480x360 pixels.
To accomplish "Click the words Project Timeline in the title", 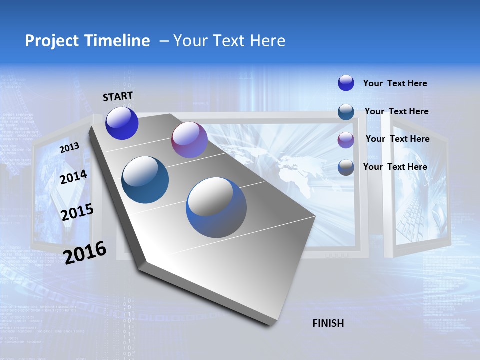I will (x=87, y=41).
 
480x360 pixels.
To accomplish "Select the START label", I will (x=118, y=96).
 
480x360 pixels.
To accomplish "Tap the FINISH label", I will (x=328, y=323).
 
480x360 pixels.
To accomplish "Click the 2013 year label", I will (x=69, y=148).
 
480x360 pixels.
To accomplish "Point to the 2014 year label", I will (x=73, y=177).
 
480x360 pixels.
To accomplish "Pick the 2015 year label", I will (x=77, y=212).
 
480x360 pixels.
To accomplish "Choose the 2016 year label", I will (x=85, y=252).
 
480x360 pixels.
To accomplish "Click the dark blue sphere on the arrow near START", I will (x=122, y=123).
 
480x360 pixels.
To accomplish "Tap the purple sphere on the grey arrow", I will (x=189, y=140).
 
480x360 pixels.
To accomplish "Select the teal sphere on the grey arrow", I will (x=145, y=180).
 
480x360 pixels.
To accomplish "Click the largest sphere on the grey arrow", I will (x=216, y=207).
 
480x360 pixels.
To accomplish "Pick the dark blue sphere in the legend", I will (x=346, y=83).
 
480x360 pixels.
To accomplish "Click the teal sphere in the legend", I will (x=346, y=112).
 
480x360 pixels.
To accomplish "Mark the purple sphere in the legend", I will (x=346, y=140).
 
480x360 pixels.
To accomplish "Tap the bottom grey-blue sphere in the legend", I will (x=346, y=167).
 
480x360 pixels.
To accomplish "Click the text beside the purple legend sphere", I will (x=397, y=139).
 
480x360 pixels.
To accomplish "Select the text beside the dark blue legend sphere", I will (x=395, y=83).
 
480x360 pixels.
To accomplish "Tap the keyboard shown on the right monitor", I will (x=415, y=215).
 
